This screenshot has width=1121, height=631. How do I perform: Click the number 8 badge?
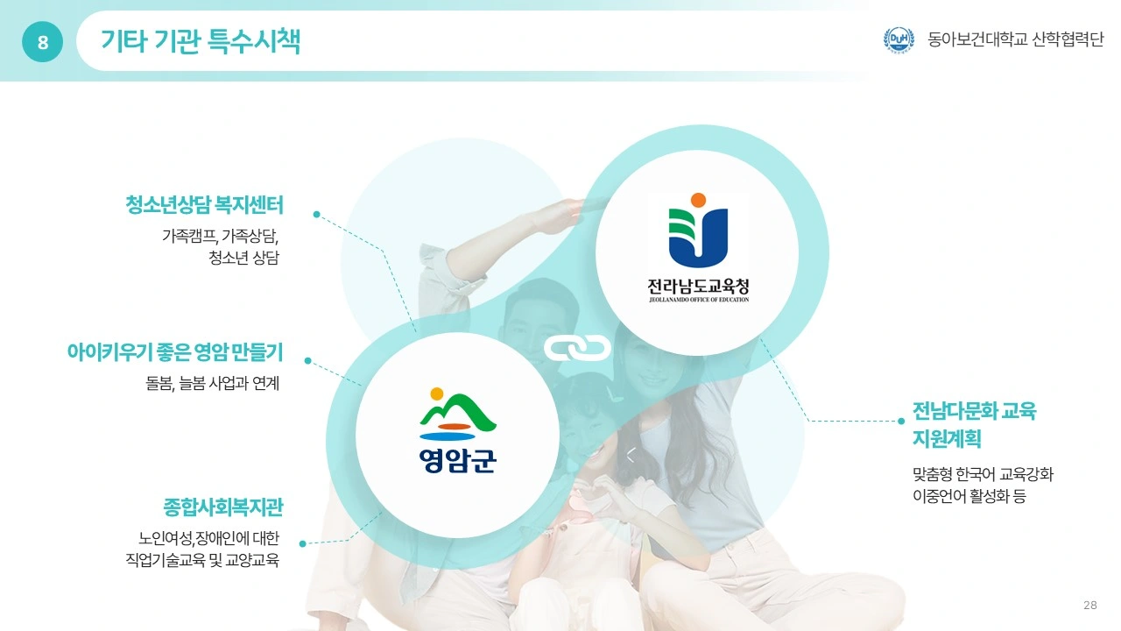click(x=43, y=41)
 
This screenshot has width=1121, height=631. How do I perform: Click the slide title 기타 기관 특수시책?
click(x=201, y=41)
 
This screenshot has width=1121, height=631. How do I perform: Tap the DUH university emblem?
click(x=899, y=39)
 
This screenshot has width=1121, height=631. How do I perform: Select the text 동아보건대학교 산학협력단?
click(x=1015, y=39)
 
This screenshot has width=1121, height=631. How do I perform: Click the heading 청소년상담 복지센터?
click(x=204, y=205)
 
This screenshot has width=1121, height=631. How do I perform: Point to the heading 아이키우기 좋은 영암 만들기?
click(x=175, y=352)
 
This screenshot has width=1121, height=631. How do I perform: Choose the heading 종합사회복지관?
click(x=223, y=507)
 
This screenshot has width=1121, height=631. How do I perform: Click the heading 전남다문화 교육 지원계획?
click(x=975, y=425)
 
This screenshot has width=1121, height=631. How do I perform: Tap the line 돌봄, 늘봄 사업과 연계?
click(x=212, y=384)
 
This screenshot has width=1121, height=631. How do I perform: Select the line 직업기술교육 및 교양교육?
click(x=202, y=560)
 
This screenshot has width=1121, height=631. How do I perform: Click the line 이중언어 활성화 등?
click(x=969, y=496)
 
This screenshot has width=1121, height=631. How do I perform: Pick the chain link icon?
click(x=577, y=348)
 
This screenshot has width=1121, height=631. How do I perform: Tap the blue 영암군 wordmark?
click(x=457, y=460)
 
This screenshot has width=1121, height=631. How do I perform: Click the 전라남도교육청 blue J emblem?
click(x=698, y=230)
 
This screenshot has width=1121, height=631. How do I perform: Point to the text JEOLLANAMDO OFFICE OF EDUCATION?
click(x=699, y=300)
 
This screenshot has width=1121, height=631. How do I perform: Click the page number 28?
click(x=1090, y=605)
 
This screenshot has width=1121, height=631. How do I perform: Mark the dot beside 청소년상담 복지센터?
click(x=316, y=215)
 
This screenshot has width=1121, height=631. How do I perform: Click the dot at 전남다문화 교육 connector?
click(x=901, y=422)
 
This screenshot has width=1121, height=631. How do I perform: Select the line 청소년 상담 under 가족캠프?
click(x=243, y=258)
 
